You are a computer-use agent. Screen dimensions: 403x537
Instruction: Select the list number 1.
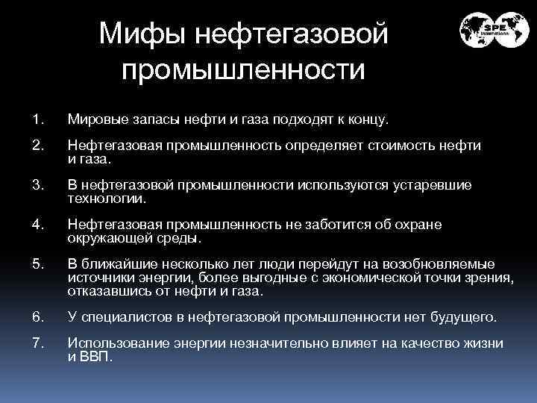[x=38, y=119]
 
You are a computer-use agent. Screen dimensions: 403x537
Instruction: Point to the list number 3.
[x=38, y=184]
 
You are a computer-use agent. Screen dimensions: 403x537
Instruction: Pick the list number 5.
[x=38, y=263]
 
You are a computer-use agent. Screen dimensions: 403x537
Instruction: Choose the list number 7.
[x=38, y=343]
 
